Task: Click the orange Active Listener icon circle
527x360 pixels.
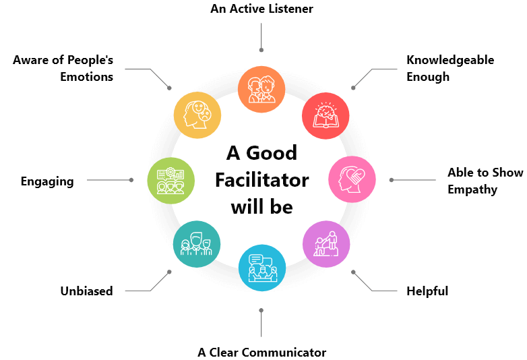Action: (x=261, y=90)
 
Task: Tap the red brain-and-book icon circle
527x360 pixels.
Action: (x=325, y=116)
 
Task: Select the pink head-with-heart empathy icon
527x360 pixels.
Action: (x=352, y=179)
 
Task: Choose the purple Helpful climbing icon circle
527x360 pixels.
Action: (x=326, y=244)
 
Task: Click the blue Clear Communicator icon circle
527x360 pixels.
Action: (x=262, y=268)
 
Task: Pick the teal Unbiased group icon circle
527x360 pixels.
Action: (x=197, y=244)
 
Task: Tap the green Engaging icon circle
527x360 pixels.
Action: (x=171, y=181)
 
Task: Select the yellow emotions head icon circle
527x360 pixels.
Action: (x=197, y=115)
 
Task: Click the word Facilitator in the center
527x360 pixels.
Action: (x=262, y=180)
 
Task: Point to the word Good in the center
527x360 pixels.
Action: (x=272, y=153)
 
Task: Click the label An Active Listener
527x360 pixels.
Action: (x=262, y=9)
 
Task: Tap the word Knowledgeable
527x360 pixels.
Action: (x=450, y=61)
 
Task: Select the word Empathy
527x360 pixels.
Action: (x=472, y=190)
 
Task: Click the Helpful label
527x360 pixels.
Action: (x=427, y=291)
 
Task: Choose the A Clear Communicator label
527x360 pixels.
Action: (x=262, y=353)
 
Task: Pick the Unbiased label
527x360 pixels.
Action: (x=87, y=291)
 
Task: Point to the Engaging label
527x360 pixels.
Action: (x=47, y=181)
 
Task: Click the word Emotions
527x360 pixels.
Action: (x=87, y=77)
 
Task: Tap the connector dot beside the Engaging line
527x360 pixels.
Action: (x=131, y=180)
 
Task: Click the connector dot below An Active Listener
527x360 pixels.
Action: (x=261, y=50)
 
